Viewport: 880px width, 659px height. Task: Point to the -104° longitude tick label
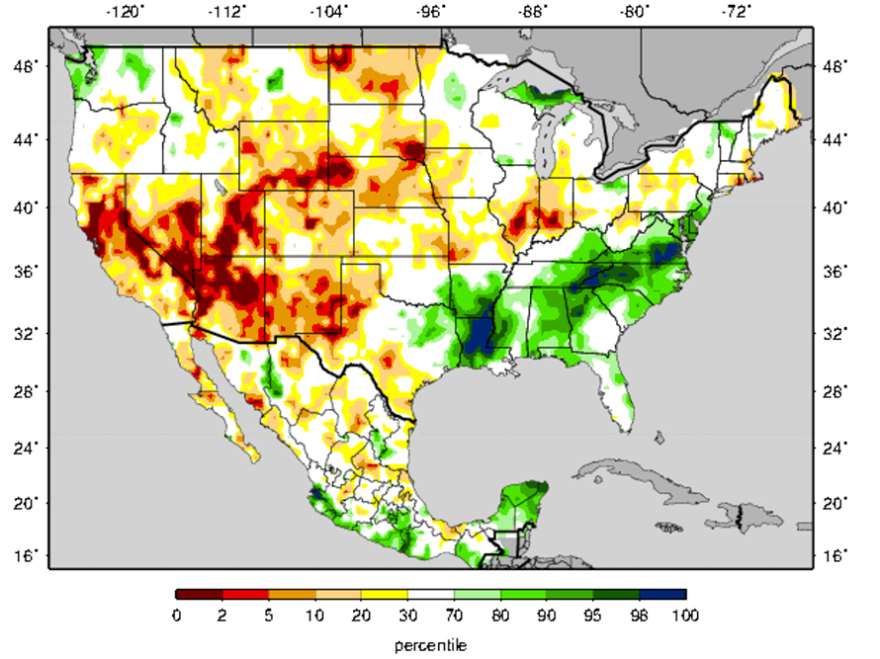[328, 12]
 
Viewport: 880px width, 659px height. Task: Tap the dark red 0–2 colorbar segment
[199, 595]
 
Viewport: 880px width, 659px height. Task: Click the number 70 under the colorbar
[455, 616]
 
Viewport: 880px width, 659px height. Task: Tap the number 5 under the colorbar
[269, 616]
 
